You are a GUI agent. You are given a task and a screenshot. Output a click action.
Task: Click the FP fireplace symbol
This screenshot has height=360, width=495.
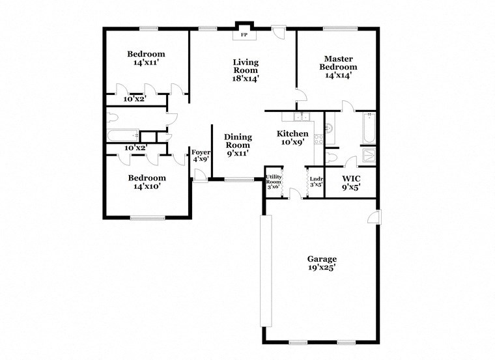(245, 34)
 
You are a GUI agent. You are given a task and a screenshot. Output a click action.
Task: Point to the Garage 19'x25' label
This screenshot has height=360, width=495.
(322, 262)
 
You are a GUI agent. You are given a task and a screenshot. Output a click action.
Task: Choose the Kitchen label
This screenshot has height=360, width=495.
(292, 137)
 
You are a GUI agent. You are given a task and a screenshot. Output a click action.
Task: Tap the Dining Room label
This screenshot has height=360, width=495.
(238, 145)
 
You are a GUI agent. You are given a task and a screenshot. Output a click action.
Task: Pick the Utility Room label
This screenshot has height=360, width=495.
(274, 181)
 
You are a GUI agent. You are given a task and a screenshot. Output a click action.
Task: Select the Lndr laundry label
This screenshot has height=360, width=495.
(317, 182)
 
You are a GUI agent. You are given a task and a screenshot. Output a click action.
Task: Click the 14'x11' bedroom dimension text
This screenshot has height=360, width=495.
(146, 63)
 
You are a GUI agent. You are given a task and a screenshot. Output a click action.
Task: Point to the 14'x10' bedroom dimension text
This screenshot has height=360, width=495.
(146, 186)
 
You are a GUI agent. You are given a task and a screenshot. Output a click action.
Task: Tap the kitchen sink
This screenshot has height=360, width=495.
(300, 117)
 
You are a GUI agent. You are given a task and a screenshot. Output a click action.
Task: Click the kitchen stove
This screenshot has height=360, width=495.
(319, 139)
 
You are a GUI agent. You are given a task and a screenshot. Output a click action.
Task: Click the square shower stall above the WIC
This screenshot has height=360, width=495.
(369, 156)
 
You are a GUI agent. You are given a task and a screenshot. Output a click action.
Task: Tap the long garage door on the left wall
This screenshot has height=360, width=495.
(265, 270)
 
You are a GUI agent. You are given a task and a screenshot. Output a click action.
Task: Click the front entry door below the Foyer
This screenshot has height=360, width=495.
(200, 176)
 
